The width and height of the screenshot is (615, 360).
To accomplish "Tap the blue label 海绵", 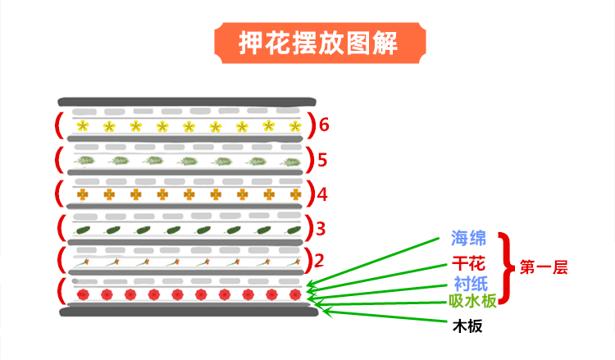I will click(x=469, y=239).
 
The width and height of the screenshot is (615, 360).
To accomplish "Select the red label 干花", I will click(x=469, y=263).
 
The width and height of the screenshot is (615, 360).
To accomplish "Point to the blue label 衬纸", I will click(x=469, y=283).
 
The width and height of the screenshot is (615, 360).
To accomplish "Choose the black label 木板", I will click(x=467, y=326).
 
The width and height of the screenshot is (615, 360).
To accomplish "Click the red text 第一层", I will click(x=544, y=267).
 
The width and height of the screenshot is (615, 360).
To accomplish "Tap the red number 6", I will click(x=325, y=125).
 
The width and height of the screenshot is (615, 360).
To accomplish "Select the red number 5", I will click(x=322, y=158).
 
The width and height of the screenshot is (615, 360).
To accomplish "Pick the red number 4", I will click(x=322, y=195).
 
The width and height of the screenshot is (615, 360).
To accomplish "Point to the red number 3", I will click(x=321, y=228).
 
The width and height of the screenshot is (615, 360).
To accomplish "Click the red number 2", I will click(x=320, y=262).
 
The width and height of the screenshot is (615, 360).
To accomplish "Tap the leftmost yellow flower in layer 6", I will click(x=83, y=126).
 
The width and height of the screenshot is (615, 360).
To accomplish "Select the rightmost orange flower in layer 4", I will click(x=294, y=195).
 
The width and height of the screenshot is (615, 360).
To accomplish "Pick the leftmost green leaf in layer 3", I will click(x=84, y=231).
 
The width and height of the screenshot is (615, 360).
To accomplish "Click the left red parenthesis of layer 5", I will click(x=60, y=158).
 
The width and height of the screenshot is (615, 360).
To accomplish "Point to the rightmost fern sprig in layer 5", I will click(x=289, y=162).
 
